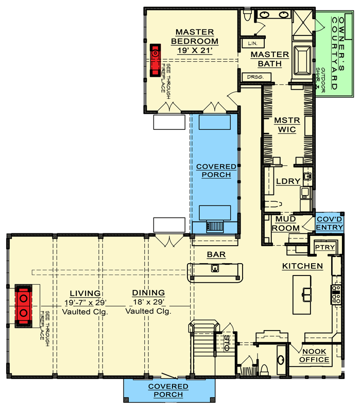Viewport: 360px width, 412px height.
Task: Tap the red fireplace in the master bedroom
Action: [154, 60]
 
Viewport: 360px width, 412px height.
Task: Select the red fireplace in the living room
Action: [24, 306]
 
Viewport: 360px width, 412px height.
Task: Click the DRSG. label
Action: [254, 77]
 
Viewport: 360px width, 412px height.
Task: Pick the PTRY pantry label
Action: [325, 248]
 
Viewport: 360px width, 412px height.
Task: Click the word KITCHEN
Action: [302, 266]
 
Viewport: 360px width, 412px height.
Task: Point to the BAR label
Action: [213, 254]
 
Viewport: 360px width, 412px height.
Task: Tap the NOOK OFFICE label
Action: [315, 355]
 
